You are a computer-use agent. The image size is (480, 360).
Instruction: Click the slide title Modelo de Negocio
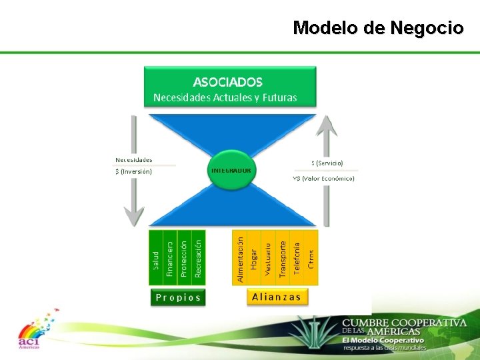(x=378, y=28)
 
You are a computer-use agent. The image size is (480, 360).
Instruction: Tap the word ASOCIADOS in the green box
(x=227, y=82)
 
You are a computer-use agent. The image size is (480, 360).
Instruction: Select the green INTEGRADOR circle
(x=231, y=171)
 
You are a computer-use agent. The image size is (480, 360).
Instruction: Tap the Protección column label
(x=183, y=256)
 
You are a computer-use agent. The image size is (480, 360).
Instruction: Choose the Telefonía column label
(x=297, y=256)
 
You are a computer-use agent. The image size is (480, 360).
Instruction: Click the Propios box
(x=177, y=297)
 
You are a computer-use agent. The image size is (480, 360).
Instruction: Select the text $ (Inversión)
(x=133, y=171)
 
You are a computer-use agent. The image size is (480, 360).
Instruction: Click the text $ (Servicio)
(x=327, y=163)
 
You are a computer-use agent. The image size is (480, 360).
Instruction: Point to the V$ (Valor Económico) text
(x=323, y=179)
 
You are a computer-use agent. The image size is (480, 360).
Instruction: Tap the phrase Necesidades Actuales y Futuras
(x=225, y=97)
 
